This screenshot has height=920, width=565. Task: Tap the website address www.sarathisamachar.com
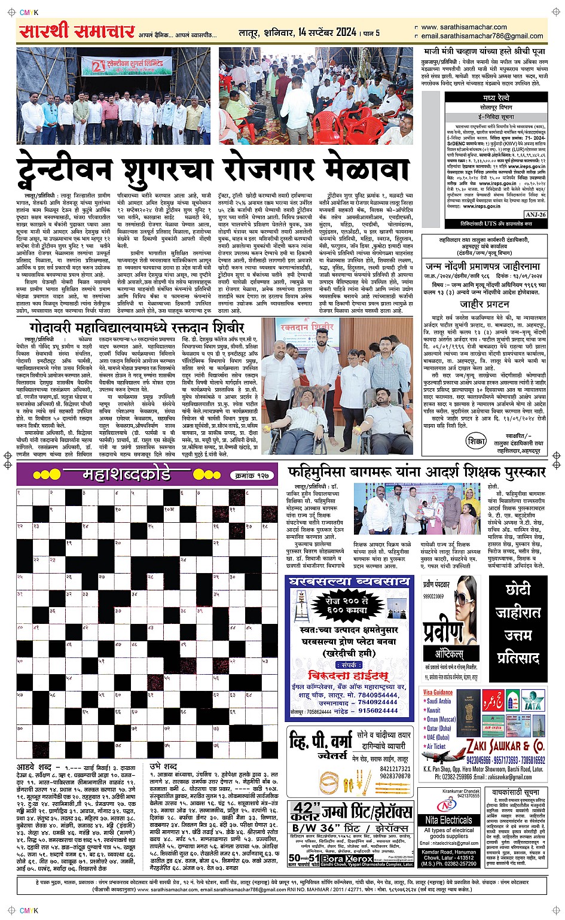point(464,27)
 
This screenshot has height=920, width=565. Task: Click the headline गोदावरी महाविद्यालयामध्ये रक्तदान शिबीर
point(137,328)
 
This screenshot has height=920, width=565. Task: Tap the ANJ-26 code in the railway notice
point(536,214)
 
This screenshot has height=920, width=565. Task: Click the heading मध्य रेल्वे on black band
point(497,97)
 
